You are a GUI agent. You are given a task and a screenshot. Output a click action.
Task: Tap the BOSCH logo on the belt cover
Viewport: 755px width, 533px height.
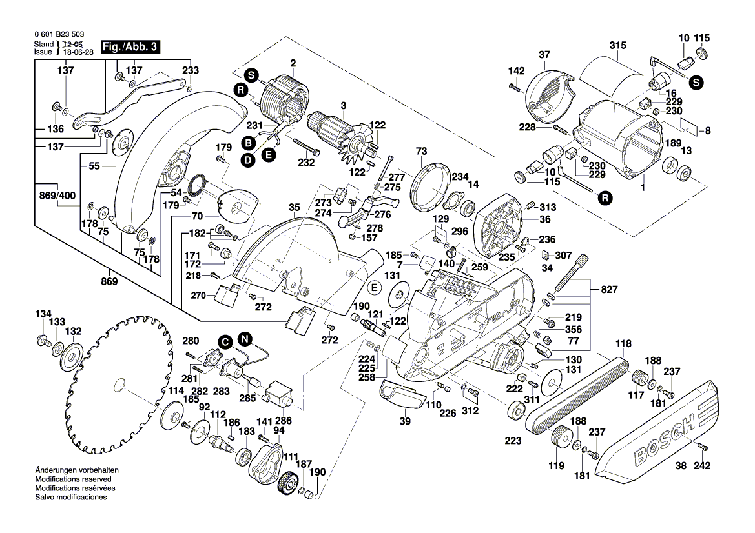click(665, 439)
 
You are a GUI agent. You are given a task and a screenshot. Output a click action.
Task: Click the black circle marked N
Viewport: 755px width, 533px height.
click(244, 338)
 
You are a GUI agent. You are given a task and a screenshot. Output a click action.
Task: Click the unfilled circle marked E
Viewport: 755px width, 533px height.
click(373, 285)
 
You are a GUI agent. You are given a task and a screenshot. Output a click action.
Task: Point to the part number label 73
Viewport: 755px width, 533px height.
click(421, 150)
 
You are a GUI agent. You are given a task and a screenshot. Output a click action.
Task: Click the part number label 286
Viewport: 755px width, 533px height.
click(284, 420)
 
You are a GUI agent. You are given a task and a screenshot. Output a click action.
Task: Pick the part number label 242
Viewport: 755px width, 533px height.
click(702, 465)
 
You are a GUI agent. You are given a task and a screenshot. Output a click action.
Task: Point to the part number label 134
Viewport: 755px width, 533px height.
click(43, 314)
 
